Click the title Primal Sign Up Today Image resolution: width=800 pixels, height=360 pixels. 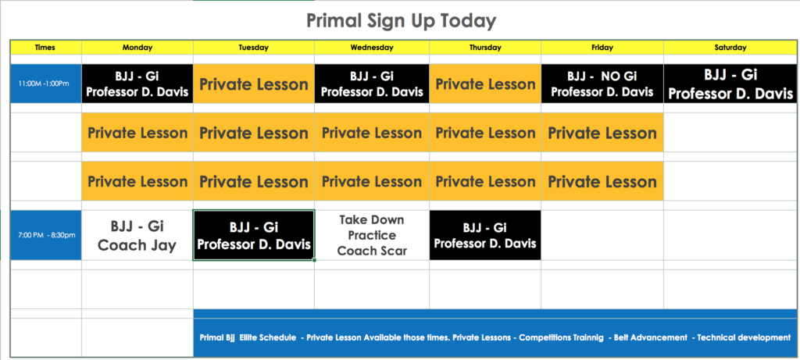tap(401, 21)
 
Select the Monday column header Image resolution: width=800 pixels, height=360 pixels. tap(137, 48)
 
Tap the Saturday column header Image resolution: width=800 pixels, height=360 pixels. tap(730, 48)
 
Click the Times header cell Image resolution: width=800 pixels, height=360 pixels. tap(45, 48)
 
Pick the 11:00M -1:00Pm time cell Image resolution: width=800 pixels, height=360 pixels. tap(45, 84)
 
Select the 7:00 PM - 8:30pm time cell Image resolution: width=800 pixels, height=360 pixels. tap(45, 235)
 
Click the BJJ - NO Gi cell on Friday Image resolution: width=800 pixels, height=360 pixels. tap(602, 84)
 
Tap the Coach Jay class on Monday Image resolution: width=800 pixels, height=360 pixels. tap(137, 236)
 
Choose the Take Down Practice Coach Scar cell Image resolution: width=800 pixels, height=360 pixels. tap(372, 235)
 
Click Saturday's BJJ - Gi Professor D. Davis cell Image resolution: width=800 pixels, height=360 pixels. tap(730, 84)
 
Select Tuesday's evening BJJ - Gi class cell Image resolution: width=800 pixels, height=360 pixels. tap(254, 235)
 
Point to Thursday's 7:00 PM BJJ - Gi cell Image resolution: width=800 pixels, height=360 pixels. tap(485, 235)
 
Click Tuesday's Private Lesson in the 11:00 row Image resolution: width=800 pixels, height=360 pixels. tap(254, 84)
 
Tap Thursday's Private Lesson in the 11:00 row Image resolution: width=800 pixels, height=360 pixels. tap(485, 84)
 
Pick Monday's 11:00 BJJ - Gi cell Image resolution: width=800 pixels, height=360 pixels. tap(137, 84)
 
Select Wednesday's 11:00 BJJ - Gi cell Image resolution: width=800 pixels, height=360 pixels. tap(372, 84)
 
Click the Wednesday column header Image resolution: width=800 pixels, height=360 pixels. tap(372, 48)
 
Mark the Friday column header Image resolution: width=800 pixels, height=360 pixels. tap(602, 48)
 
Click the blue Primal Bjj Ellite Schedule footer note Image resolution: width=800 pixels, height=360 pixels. tap(495, 337)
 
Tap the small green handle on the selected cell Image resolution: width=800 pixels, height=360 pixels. tap(314, 260)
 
